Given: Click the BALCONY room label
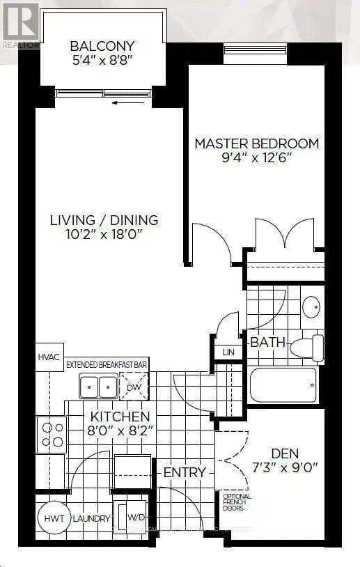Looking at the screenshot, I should [x=102, y=47].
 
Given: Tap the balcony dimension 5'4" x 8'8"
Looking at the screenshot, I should [x=102, y=61].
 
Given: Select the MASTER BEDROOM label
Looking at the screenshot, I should [x=256, y=143].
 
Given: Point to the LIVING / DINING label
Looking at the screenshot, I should [x=104, y=220].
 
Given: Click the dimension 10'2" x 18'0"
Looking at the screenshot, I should [x=104, y=235].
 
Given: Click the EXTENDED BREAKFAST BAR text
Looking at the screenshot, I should [x=107, y=364].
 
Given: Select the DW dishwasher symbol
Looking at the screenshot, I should [x=134, y=385].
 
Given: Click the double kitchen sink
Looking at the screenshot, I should [x=98, y=385].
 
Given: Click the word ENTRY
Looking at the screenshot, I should [x=185, y=472].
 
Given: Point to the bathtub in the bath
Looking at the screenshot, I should [x=283, y=385].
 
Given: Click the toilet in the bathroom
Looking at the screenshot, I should [x=307, y=346].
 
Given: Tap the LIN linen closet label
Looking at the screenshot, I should [x=228, y=352].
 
